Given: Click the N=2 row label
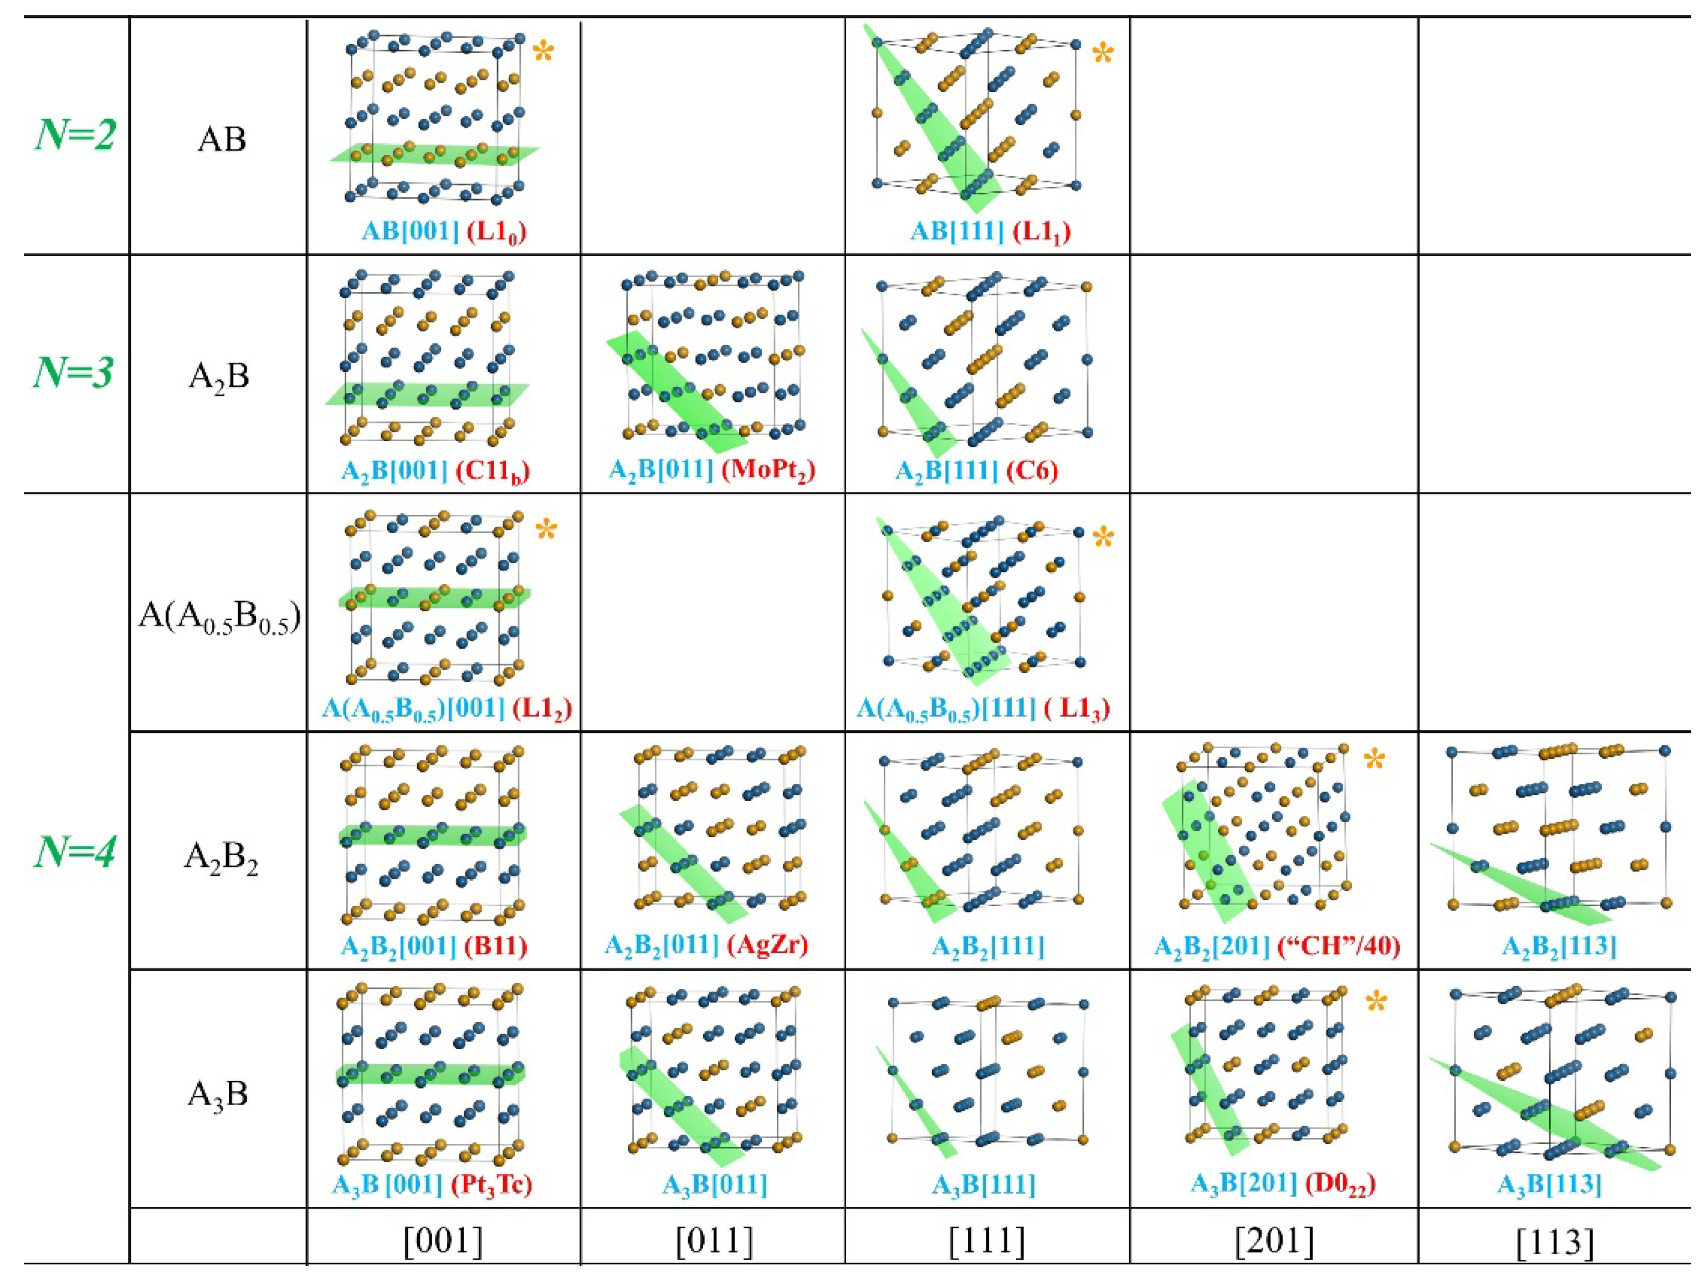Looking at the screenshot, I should coord(75,135).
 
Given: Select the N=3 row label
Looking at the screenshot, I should coord(74,372).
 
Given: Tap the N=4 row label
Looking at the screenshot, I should coord(75,853).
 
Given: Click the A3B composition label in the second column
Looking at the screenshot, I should coord(218,1094).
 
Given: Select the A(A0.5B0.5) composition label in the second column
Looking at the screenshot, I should coord(219,617).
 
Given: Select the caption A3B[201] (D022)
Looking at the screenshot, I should coord(1283,1183).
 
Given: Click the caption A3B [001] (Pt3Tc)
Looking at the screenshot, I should coord(432,1183).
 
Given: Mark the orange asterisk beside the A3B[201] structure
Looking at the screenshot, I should coord(1376,1003).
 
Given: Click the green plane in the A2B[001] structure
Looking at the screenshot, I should coord(428,394).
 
